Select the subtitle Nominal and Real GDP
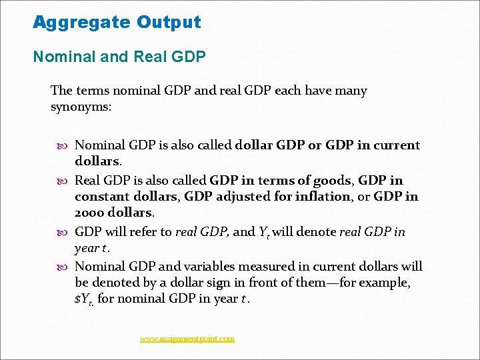119,57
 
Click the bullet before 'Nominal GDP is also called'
63,145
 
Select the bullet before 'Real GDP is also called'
63,181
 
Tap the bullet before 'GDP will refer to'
63,232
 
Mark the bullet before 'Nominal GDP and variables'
63,267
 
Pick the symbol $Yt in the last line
84,299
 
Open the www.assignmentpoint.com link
187,339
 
